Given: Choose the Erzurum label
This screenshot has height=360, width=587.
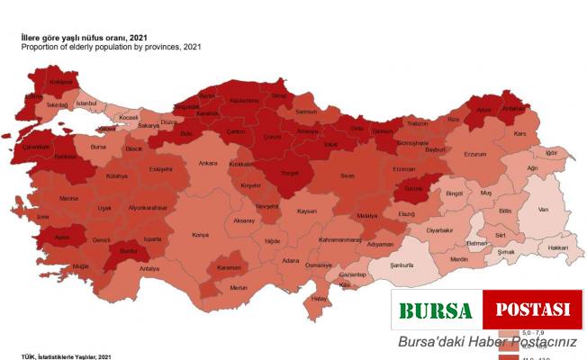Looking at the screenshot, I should (x=474, y=153).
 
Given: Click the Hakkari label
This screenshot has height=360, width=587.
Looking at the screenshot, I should (x=558, y=247).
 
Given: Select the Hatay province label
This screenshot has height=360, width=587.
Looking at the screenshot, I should (x=318, y=298).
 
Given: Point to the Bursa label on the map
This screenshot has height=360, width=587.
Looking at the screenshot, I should (x=99, y=142).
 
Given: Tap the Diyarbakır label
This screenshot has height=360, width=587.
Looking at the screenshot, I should (x=440, y=230).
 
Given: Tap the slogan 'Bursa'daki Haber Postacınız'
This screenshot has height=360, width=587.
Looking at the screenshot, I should (x=487, y=342).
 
